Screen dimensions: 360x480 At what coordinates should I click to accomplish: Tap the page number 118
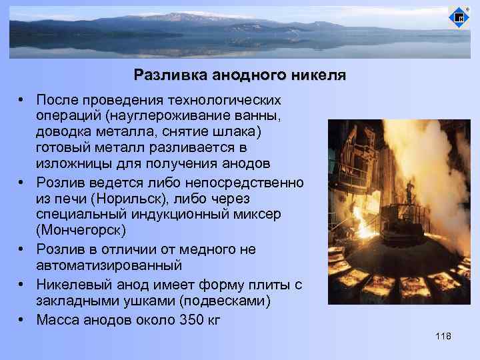443,336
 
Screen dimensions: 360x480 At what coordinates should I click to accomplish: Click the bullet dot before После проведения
23,99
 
